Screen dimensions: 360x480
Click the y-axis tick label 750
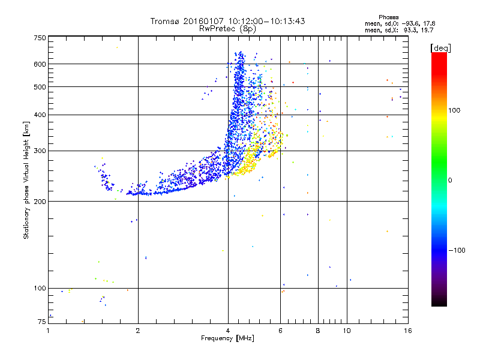click(40, 38)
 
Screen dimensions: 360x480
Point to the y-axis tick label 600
click(40, 64)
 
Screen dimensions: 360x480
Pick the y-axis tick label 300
click(40, 151)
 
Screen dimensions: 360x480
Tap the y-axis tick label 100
click(40, 289)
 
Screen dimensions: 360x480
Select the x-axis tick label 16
click(407, 331)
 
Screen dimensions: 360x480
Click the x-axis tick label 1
click(49, 331)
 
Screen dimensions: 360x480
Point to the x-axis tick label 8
click(318, 331)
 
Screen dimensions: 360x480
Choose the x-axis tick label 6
click(281, 331)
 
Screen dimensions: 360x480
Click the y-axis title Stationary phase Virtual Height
click(26, 180)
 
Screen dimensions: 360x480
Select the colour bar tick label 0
click(451, 180)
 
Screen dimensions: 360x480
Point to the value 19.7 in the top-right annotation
click(427, 29)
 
